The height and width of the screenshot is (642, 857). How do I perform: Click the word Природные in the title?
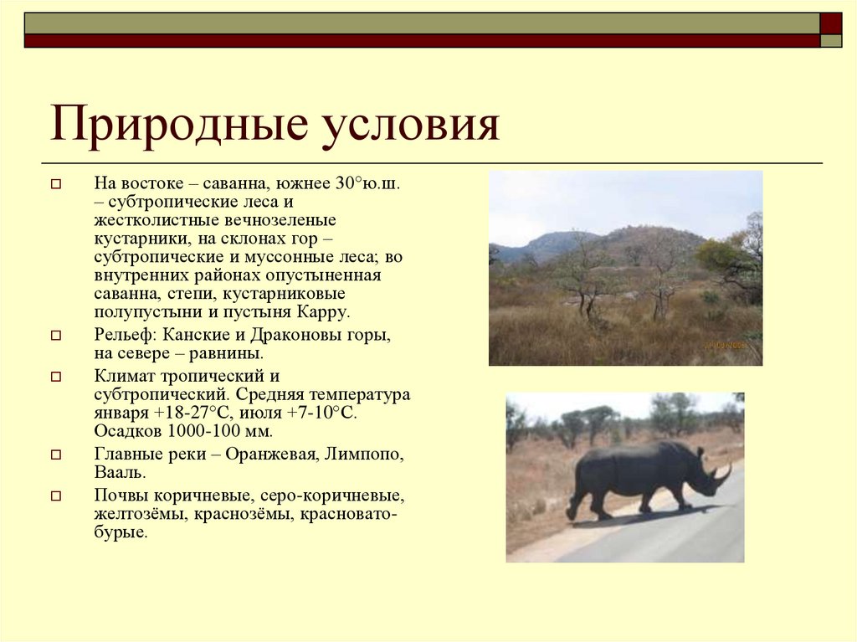click(x=167, y=126)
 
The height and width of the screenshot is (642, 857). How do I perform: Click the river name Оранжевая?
click(x=276, y=455)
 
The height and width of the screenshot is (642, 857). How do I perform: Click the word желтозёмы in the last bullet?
click(x=138, y=513)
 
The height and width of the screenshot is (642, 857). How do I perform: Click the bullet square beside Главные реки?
click(x=56, y=456)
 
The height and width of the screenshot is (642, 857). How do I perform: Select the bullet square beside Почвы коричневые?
click(x=56, y=496)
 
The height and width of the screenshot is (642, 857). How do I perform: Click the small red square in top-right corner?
click(x=830, y=23)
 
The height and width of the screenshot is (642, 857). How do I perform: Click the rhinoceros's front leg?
click(x=644, y=499)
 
